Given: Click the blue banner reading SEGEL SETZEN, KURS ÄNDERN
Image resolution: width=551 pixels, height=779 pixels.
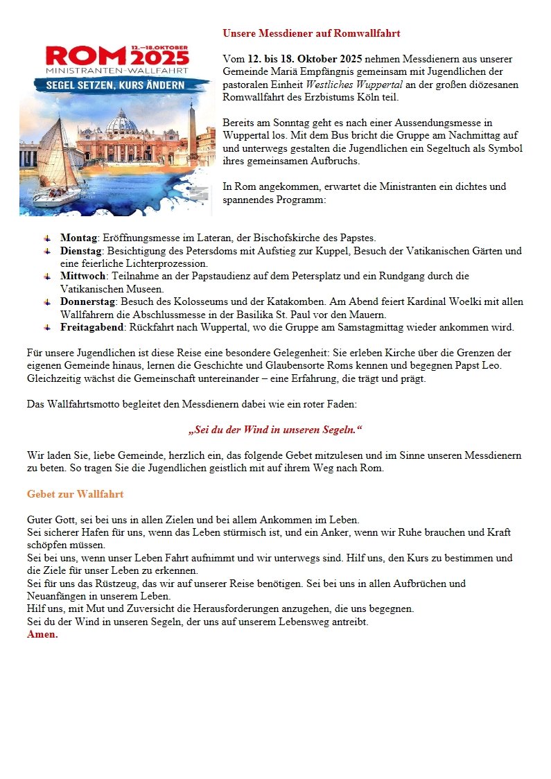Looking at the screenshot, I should coord(115,85).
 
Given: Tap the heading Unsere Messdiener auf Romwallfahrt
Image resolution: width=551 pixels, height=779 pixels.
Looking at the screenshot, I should coord(311,33).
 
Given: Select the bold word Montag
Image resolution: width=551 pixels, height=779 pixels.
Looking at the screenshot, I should coord(78,238).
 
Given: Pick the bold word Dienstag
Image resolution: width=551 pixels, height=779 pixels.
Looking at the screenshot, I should coord(81,250).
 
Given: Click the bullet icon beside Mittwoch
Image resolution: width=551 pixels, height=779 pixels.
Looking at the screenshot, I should coord(47,276).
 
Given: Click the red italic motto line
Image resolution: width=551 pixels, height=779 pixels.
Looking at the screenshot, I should coord(275,430).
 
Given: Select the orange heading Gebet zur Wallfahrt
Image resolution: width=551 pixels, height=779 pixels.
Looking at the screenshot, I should coord(75,494).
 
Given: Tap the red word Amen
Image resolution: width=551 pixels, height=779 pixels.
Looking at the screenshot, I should coord(42,634).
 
